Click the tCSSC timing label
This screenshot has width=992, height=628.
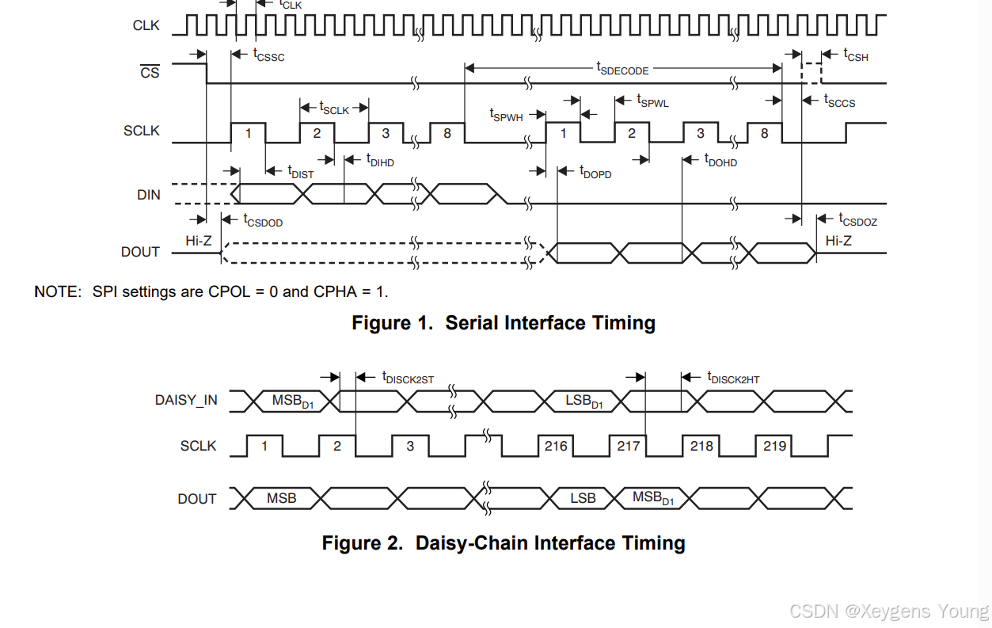(x=268, y=55)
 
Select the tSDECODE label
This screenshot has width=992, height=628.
(x=622, y=69)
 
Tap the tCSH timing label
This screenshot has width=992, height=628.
(x=856, y=55)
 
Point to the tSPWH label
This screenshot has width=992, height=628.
(x=506, y=115)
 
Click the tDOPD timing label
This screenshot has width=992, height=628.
(x=595, y=172)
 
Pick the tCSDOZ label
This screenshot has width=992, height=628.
(x=858, y=220)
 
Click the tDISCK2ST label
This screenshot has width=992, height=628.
(x=408, y=378)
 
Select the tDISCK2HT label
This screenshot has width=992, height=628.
(x=733, y=378)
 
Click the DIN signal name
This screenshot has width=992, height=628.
(x=149, y=195)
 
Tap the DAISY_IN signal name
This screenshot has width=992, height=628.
(x=186, y=400)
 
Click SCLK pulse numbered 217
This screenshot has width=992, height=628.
(x=629, y=446)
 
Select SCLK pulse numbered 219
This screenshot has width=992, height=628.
(x=774, y=446)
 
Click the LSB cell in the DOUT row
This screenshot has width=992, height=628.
(x=583, y=498)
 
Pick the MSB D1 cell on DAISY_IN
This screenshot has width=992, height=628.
(x=293, y=402)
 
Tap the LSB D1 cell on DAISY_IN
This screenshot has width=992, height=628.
(x=584, y=402)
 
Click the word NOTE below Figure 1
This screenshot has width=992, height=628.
(x=57, y=291)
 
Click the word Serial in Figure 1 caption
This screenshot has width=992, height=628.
(x=472, y=323)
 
